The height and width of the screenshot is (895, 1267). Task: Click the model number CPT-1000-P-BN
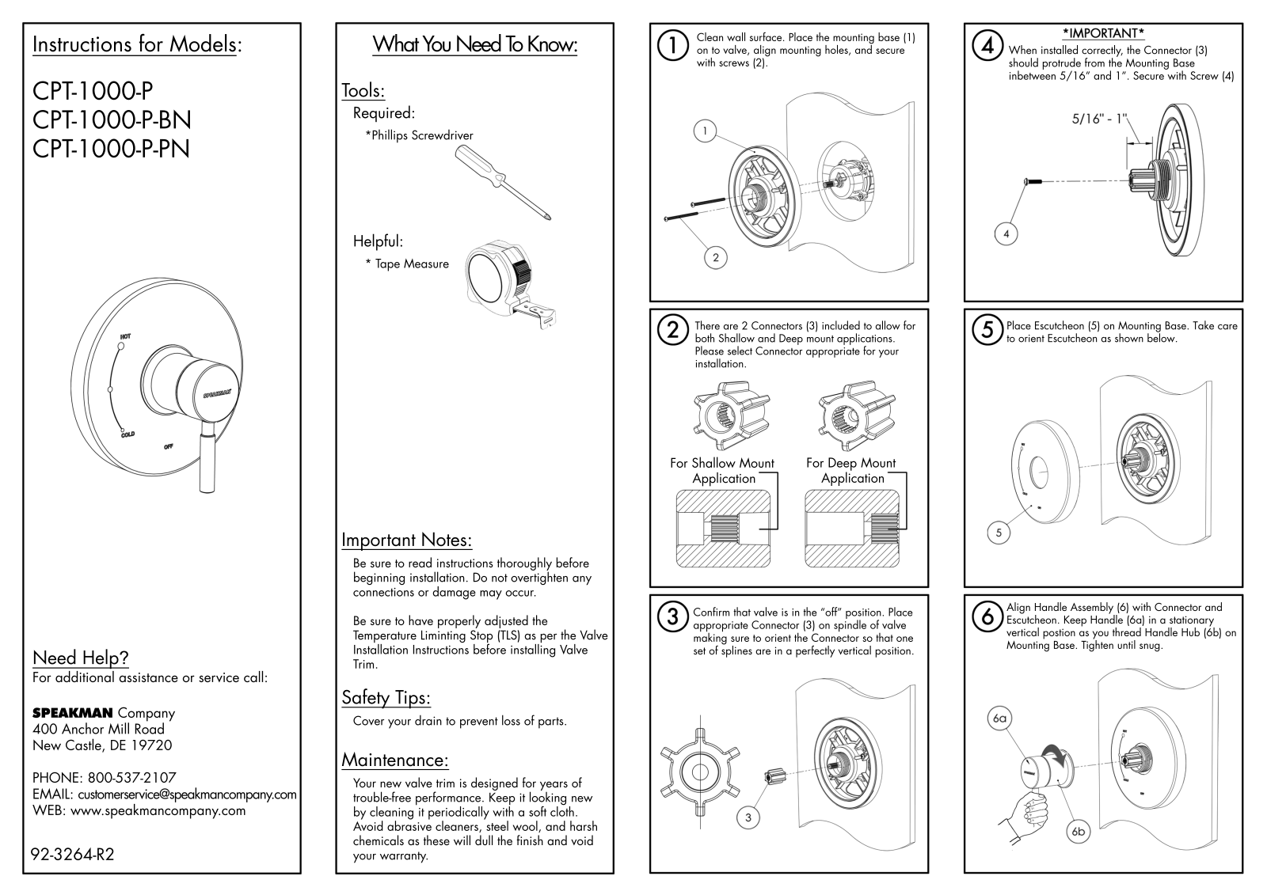tap(112, 119)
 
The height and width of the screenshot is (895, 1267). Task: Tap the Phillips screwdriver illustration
tap(503, 183)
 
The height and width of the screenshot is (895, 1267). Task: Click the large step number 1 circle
tap(672, 46)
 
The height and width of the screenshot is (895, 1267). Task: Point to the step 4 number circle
tap(987, 45)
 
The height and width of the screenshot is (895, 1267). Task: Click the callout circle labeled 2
tap(716, 258)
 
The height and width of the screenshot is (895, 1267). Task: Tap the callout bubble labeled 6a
tap(999, 719)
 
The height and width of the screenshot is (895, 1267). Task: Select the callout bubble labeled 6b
tap(1078, 832)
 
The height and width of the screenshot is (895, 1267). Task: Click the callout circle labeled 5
tap(999, 533)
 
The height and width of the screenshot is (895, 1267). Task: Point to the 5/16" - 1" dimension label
tap(1099, 119)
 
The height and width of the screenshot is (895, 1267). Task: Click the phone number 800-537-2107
tap(131, 777)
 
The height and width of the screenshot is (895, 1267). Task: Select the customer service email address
tap(187, 795)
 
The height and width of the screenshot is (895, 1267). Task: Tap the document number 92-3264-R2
tap(72, 855)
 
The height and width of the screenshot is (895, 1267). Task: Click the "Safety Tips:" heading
tap(386, 698)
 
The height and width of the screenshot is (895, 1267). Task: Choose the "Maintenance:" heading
tap(395, 760)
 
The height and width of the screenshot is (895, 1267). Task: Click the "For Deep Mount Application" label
tap(851, 470)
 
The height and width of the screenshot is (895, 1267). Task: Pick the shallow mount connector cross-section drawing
tap(723, 529)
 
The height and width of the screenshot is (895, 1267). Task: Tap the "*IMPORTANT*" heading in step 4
tap(1103, 33)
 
